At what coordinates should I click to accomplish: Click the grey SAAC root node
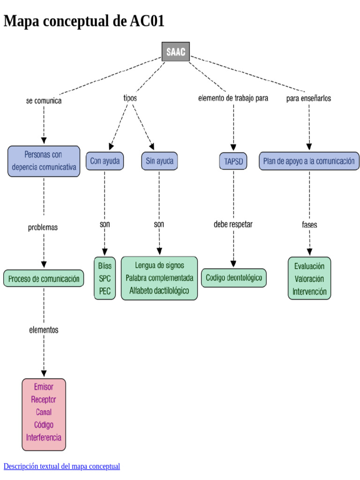pyautogui.click(x=176, y=52)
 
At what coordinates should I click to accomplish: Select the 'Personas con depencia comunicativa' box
pyautogui.click(x=44, y=161)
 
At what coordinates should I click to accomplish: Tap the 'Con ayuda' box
pyautogui.click(x=105, y=161)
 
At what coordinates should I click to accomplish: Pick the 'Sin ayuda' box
pyautogui.click(x=159, y=161)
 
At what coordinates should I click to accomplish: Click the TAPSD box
pyautogui.click(x=233, y=161)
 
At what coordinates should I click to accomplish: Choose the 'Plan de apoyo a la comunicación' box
pyautogui.click(x=309, y=161)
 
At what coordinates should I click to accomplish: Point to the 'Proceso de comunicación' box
pyautogui.click(x=44, y=278)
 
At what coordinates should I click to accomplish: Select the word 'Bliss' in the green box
pyautogui.click(x=105, y=266)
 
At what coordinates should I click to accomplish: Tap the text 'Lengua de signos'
pyautogui.click(x=159, y=265)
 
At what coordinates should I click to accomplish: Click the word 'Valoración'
pyautogui.click(x=309, y=278)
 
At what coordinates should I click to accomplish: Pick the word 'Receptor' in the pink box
pyautogui.click(x=44, y=399)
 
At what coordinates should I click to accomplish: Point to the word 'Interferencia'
pyautogui.click(x=44, y=437)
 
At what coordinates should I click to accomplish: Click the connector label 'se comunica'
pyautogui.click(x=44, y=100)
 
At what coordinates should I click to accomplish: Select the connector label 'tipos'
pyautogui.click(x=130, y=98)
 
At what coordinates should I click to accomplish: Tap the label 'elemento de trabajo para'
pyautogui.click(x=233, y=98)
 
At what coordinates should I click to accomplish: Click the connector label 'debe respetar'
pyautogui.click(x=233, y=224)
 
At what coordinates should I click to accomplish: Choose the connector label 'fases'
pyautogui.click(x=309, y=225)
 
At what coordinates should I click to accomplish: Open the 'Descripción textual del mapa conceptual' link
pyautogui.click(x=62, y=466)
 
